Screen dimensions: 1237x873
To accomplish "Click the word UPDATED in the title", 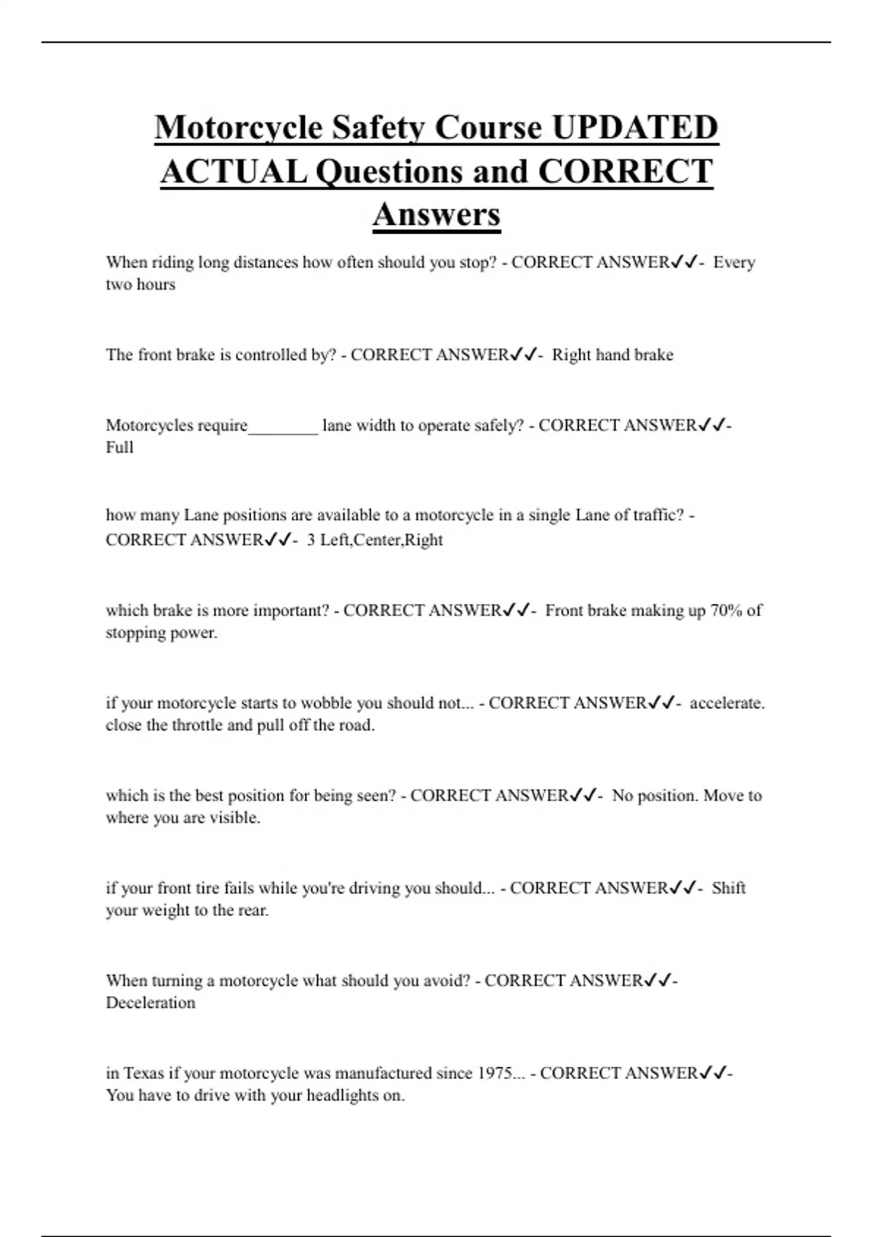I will coord(634,127).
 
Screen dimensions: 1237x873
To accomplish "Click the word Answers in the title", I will coord(436,215).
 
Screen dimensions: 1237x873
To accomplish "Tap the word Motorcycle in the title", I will coord(238,127).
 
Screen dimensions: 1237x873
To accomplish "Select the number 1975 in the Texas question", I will coord(495,1073).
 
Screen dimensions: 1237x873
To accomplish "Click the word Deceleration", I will coord(151,1003).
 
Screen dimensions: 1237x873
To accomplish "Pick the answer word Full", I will coord(119,448).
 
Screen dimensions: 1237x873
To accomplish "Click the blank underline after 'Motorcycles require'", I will coord(283,426).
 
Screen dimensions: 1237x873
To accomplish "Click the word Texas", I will coord(144,1073).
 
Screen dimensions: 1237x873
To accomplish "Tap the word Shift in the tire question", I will coord(728,888).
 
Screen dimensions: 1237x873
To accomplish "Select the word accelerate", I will coord(727,704).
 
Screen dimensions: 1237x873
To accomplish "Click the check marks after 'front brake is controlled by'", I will coord(524,355).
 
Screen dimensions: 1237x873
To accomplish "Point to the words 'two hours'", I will coord(140,285).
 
